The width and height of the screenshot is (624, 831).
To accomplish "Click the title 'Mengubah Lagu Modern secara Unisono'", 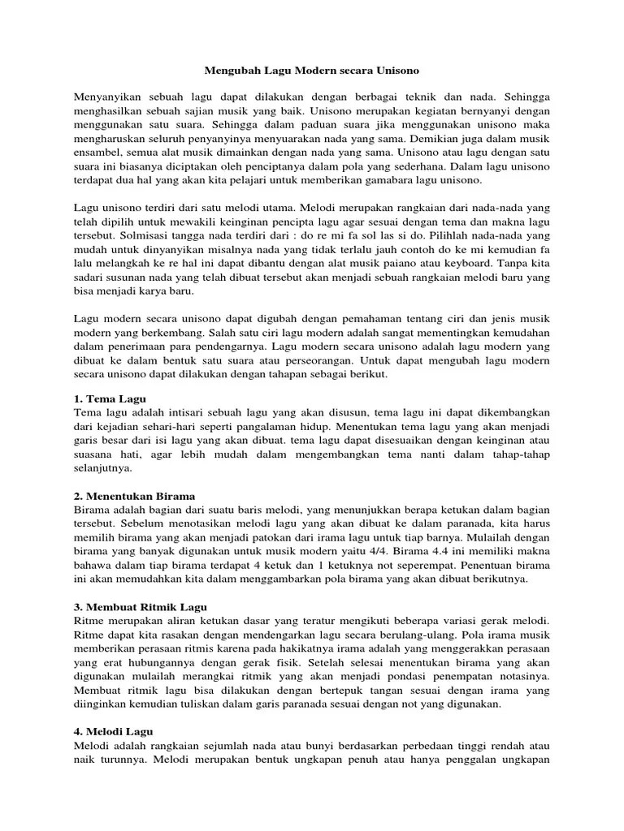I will pyautogui.click(x=311, y=71).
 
